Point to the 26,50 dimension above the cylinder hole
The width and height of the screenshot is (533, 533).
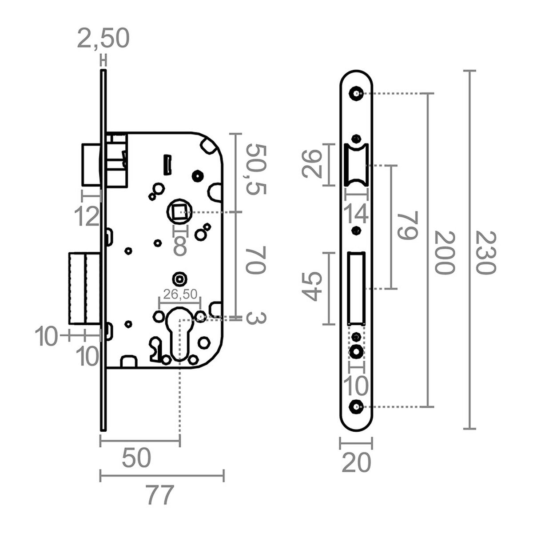click(180, 294)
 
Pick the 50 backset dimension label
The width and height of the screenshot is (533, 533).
click(136, 458)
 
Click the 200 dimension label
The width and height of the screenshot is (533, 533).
click(444, 252)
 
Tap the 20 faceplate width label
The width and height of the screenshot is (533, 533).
click(356, 464)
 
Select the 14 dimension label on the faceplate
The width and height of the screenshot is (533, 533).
click(357, 214)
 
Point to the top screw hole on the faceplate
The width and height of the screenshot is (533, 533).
click(356, 93)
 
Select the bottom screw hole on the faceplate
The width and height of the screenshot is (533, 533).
click(356, 406)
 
